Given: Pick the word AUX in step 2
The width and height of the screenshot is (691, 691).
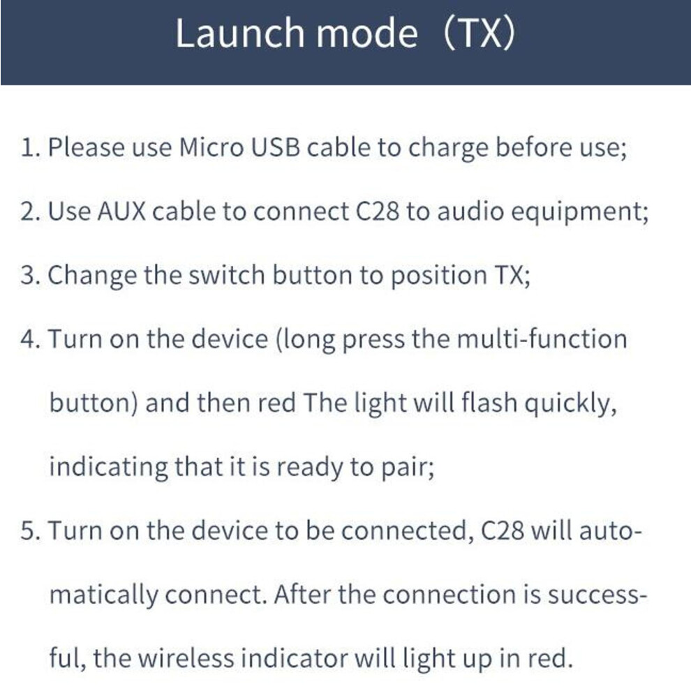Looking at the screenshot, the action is pos(121,211).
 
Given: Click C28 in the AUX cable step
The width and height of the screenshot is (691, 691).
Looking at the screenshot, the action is pos(377,211).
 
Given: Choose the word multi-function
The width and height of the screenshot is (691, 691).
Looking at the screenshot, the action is pos(542,339).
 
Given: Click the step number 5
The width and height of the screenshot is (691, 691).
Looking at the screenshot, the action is pos(30,530).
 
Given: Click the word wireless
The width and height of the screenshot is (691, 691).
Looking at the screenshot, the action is pos(186,658).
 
